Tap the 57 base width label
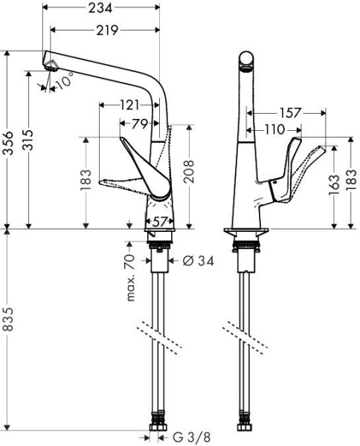[x=162, y=221]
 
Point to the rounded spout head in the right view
[x=246, y=62]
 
